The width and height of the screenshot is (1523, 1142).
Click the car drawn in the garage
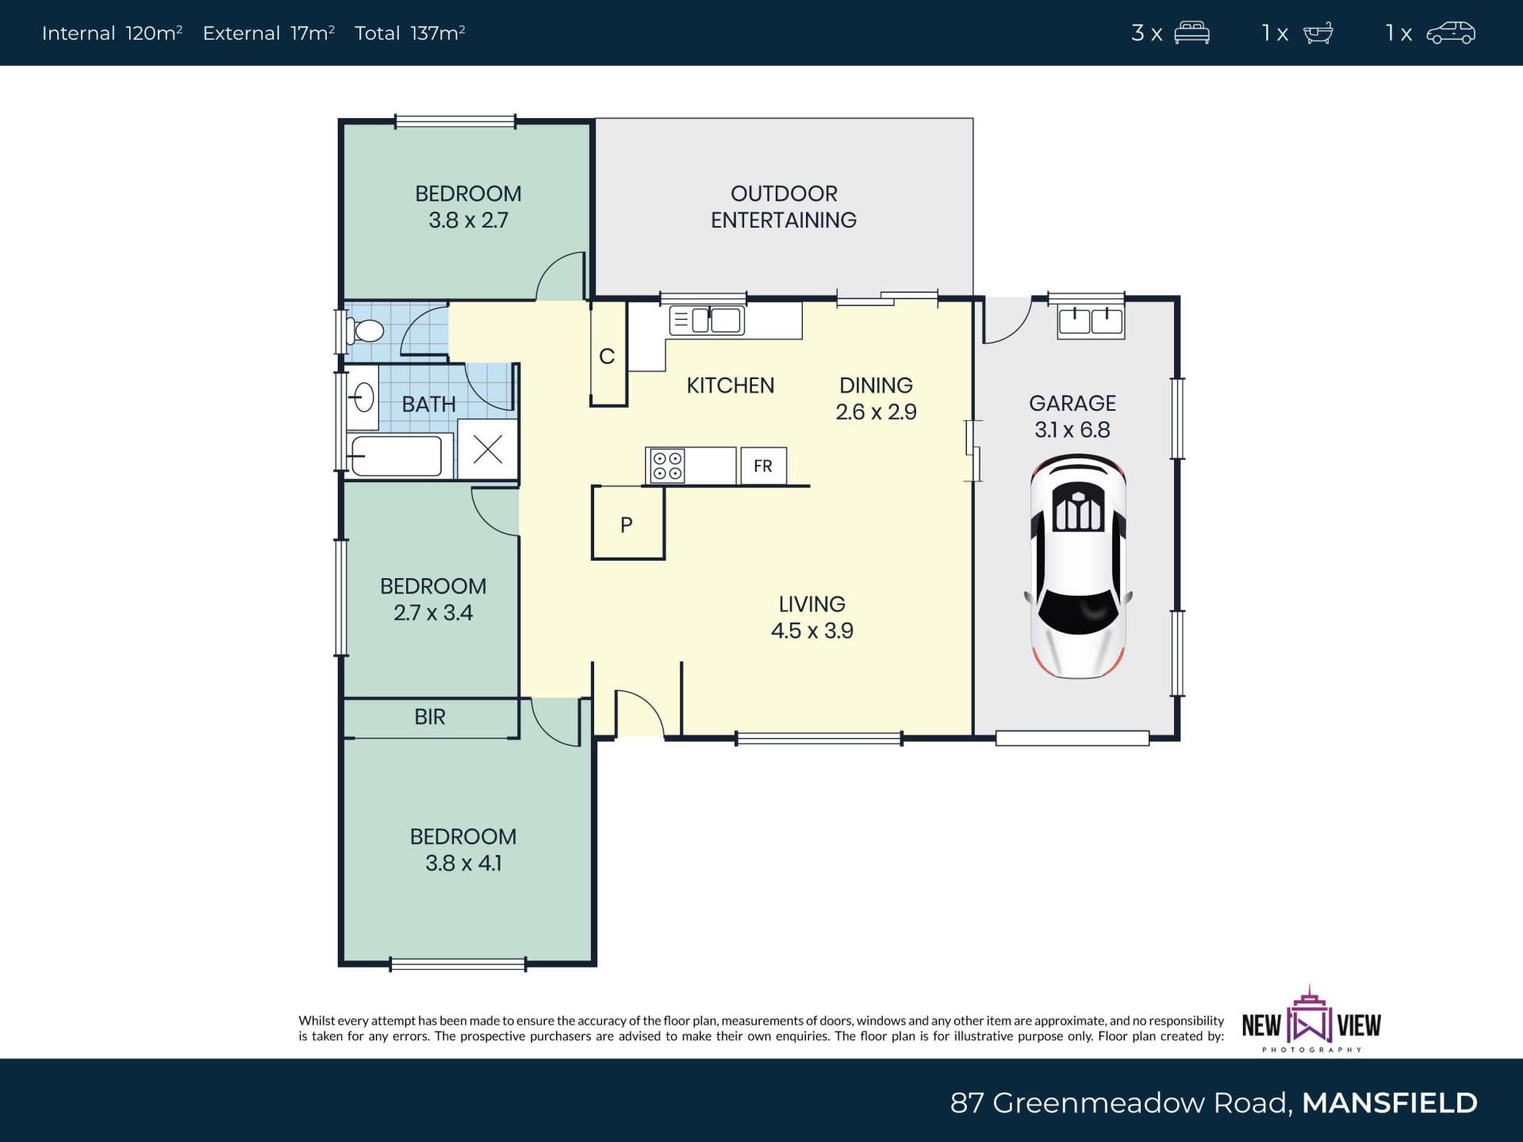click(1078, 566)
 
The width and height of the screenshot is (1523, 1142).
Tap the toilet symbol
click(364, 331)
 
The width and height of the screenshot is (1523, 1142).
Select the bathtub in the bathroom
click(395, 456)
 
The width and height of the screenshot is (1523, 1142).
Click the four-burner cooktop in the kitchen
click(667, 466)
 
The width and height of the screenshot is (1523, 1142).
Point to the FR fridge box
click(763, 466)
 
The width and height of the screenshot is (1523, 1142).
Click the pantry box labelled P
click(627, 523)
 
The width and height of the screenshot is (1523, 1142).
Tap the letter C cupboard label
click(608, 357)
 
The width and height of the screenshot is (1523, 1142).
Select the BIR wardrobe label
click(430, 717)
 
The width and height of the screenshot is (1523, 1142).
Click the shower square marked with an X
click(488, 450)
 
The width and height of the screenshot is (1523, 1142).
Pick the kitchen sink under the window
click(707, 320)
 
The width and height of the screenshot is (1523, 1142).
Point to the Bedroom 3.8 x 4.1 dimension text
click(463, 863)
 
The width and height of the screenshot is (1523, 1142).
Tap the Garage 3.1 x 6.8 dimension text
click(1072, 430)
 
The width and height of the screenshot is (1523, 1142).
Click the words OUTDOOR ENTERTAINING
click(784, 206)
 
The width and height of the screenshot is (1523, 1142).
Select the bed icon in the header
click(1192, 33)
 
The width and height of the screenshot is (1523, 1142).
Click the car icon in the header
click(1451, 33)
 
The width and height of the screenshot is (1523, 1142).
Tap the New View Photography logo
click(1311, 1020)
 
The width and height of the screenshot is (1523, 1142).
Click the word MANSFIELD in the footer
click(1390, 1103)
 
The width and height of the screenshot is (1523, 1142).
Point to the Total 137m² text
click(409, 33)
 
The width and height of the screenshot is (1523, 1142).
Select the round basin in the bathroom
click(363, 397)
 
